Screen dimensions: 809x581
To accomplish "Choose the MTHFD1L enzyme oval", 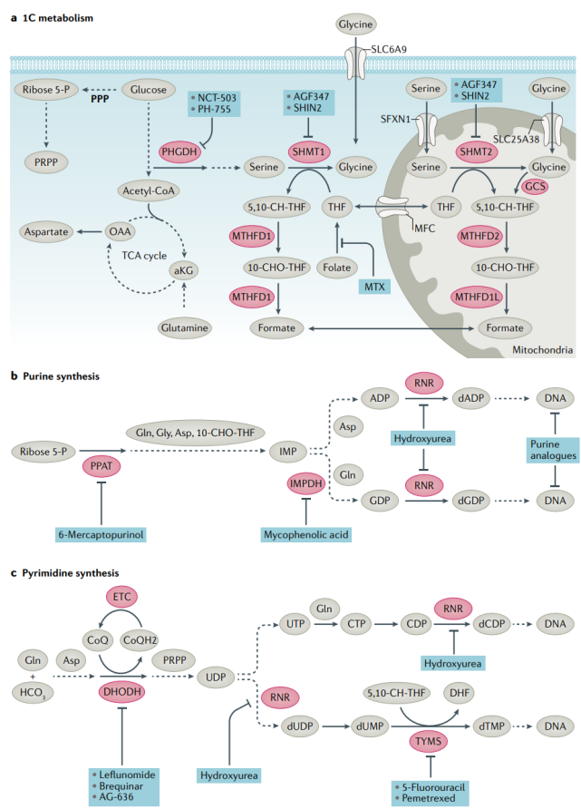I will [481, 297].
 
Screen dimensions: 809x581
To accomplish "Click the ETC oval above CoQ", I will [129, 597].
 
